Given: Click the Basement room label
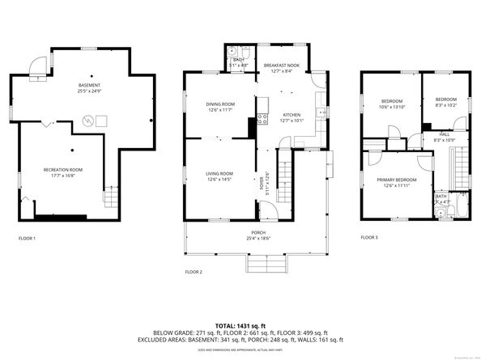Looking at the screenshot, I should pyautogui.click(x=90, y=85).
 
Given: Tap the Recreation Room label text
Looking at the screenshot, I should pyautogui.click(x=63, y=169).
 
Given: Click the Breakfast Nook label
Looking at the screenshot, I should pyautogui.click(x=281, y=65).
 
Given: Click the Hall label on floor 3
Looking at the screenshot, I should pyautogui.click(x=445, y=134).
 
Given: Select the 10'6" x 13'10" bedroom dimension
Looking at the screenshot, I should pyautogui.click(x=392, y=107).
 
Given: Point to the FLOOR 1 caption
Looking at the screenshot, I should pyautogui.click(x=28, y=238).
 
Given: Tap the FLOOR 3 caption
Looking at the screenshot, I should pyautogui.click(x=369, y=238).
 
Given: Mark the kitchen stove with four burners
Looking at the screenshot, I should pyautogui.click(x=262, y=120).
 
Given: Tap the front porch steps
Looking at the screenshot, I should pyautogui.click(x=268, y=265).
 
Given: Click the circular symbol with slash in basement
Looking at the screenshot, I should pyautogui.click(x=87, y=121).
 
